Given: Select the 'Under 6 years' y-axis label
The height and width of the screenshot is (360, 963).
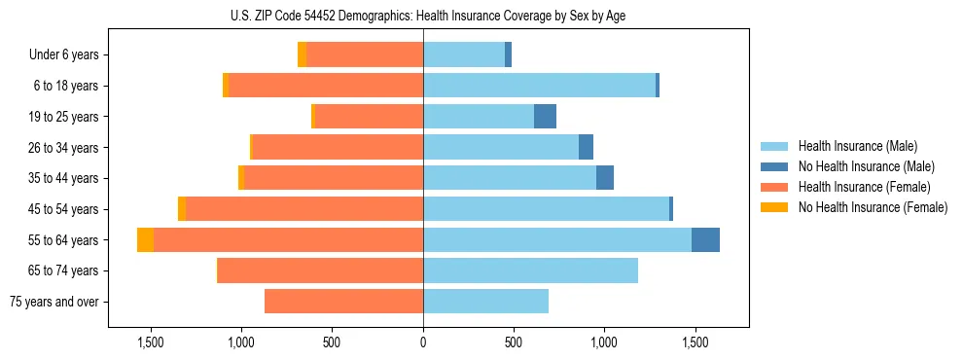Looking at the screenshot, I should coord(64,55).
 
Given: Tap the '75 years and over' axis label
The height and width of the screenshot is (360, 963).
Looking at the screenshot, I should coord(53,302).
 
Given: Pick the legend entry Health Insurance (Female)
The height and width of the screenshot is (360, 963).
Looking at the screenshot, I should coord(864,187).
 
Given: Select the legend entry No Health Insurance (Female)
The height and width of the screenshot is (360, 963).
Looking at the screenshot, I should coord(873,207).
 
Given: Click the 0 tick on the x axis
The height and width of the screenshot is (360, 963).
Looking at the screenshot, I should coord(423,343).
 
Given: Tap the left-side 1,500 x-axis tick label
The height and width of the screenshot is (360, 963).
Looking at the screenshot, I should coord(151,343).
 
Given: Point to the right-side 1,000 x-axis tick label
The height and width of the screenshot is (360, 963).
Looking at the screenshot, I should coord(604,343).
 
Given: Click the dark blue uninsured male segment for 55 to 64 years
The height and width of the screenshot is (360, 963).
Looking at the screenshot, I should coord(705,240).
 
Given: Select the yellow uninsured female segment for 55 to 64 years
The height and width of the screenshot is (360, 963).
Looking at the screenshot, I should coord(145,240).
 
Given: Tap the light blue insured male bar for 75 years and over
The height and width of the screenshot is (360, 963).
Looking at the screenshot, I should coord(485,302).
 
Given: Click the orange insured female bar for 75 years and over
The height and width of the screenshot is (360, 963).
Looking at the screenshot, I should coord(343,302).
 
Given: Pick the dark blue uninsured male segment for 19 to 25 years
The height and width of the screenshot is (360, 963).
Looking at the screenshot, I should coord(545,117).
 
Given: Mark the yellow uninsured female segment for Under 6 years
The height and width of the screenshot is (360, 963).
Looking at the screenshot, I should coord(302,55).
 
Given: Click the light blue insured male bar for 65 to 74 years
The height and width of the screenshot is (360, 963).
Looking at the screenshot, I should coord(530,270).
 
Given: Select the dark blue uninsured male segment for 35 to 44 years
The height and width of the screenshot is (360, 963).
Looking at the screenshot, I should coord(605,178).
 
